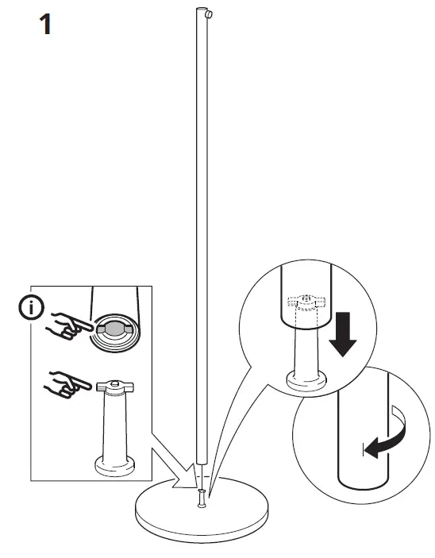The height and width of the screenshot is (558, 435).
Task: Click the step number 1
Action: pyautogui.click(x=45, y=25)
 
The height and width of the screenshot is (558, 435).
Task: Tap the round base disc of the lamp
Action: pyautogui.click(x=202, y=512)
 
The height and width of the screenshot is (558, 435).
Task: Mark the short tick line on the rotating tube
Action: pyautogui.click(x=367, y=452)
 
